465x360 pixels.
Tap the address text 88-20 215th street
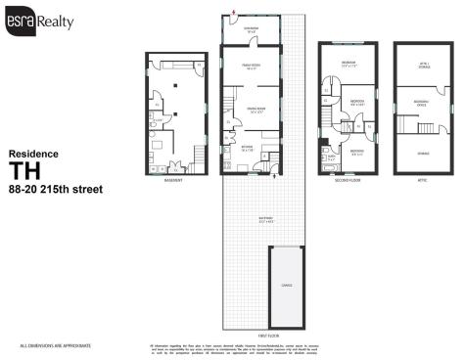tap(48, 189)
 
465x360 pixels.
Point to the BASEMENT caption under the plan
tap(176, 180)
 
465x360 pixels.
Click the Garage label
tap(286, 286)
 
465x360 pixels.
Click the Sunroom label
tap(252, 28)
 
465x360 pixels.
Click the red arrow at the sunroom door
tap(233, 14)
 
